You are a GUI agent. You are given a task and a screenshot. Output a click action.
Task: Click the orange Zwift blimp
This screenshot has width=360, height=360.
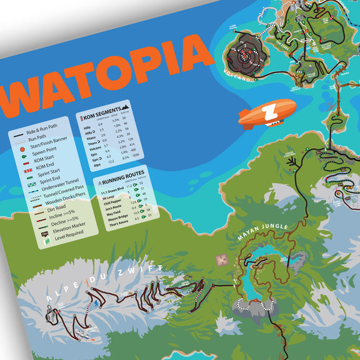click(x=267, y=112)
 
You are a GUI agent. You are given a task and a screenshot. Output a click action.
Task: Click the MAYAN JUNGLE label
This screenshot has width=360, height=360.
click(x=262, y=231)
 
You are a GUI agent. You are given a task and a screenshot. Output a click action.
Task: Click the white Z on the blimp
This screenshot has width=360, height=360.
click(x=269, y=113)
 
